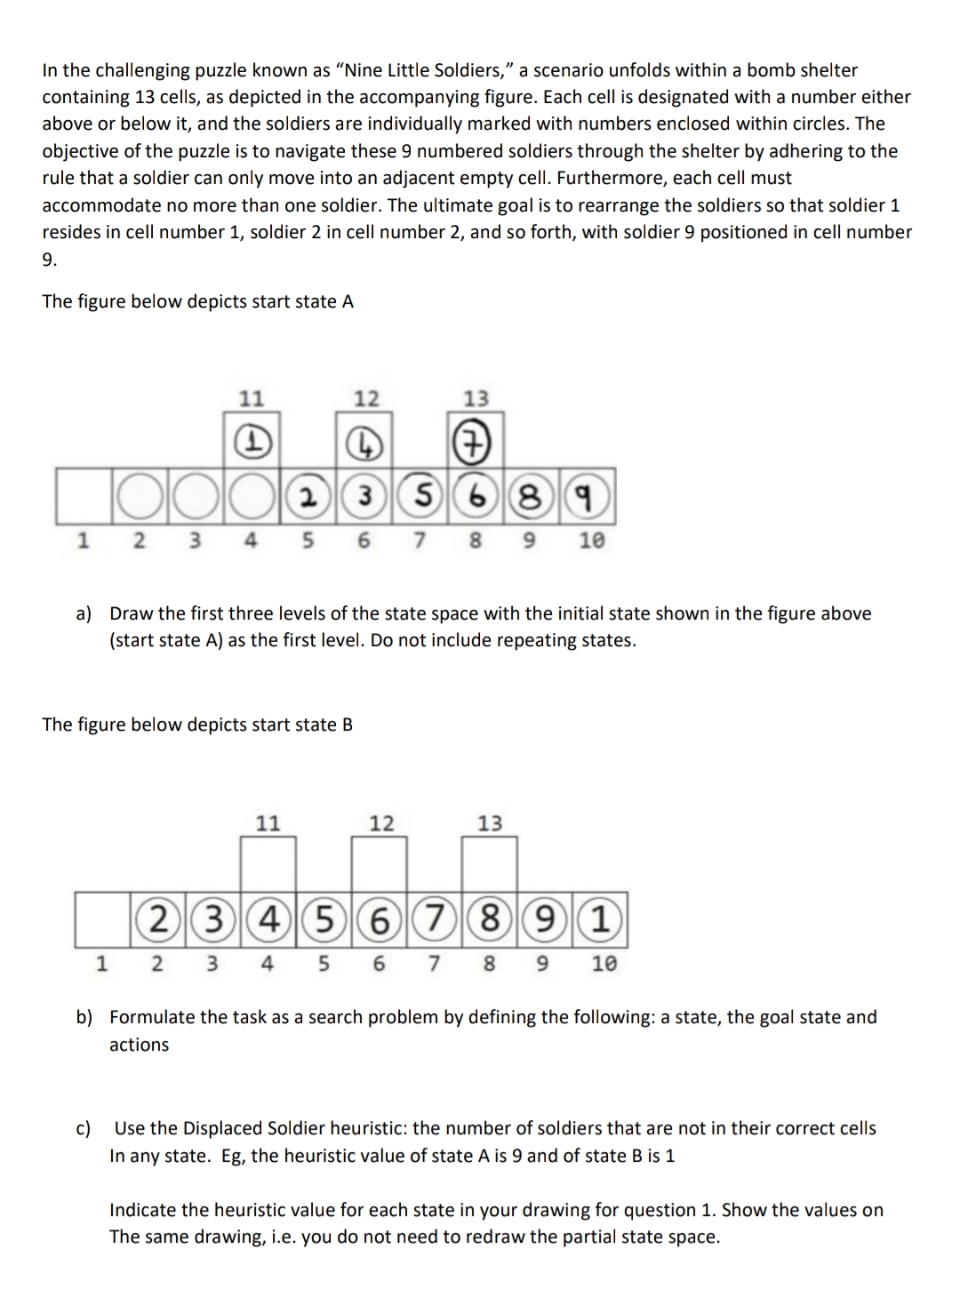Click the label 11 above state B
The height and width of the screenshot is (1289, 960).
tap(268, 823)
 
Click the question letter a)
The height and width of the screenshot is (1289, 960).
tap(84, 613)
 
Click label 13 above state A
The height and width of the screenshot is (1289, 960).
tap(477, 398)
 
